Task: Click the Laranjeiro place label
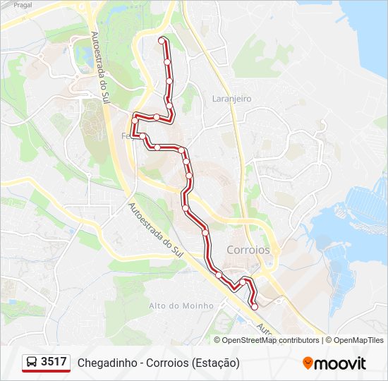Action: [231, 99]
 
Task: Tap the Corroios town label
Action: [248, 250]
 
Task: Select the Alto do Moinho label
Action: [181, 306]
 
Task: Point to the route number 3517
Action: [54, 362]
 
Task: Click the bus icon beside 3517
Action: [32, 363]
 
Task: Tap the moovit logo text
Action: [340, 363]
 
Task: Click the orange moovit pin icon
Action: [308, 363]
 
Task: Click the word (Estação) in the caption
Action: [215, 363]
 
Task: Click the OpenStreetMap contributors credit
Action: [270, 340]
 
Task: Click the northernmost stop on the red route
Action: [163, 41]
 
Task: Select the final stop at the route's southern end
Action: [254, 307]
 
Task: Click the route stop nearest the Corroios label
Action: [219, 274]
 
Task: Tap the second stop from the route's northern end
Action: [167, 62]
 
